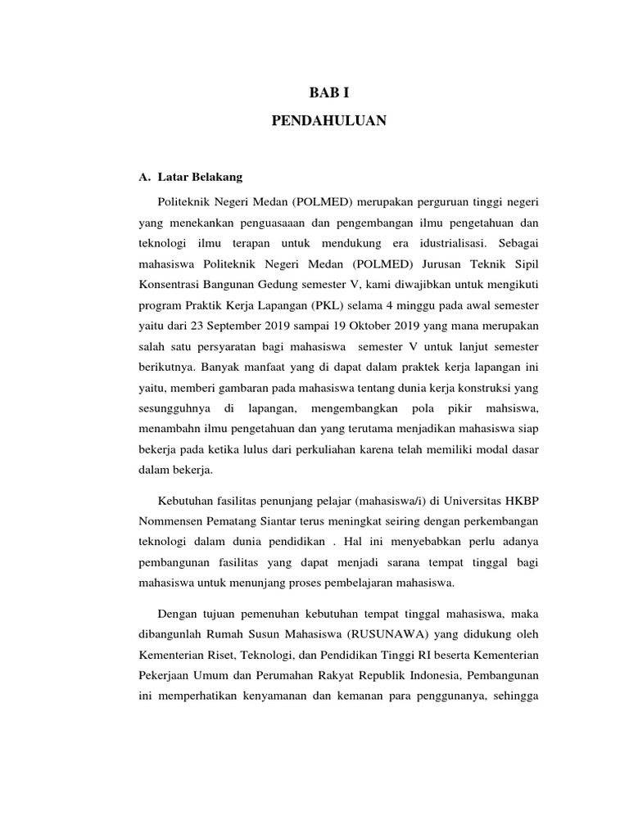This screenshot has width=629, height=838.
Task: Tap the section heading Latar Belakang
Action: pyautogui.click(x=197, y=176)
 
